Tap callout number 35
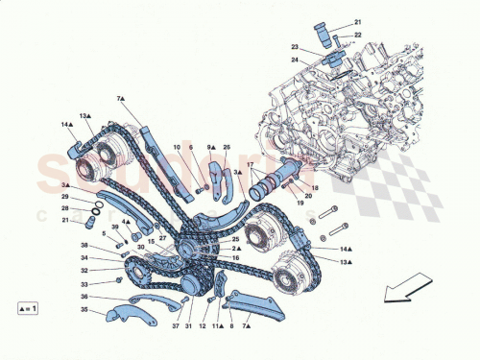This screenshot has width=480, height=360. point(84,311)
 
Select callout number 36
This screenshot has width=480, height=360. point(84,297)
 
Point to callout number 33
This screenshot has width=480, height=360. point(84,284)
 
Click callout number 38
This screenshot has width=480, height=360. point(84,245)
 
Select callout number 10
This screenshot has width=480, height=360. point(177,147)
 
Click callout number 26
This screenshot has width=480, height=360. point(227,147)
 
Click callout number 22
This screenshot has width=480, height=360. point(359,35)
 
